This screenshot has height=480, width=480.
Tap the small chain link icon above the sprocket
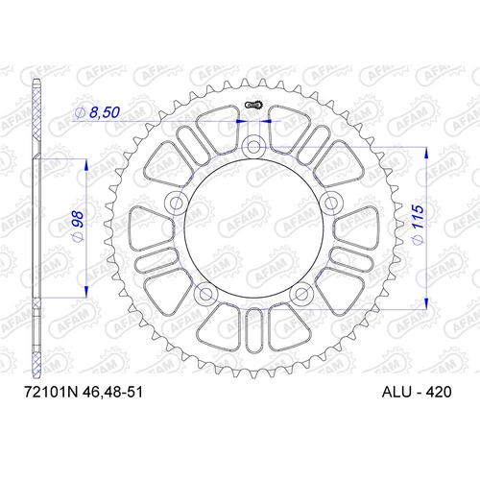coord(253,105)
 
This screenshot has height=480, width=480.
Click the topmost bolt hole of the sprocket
coord(253,146)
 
